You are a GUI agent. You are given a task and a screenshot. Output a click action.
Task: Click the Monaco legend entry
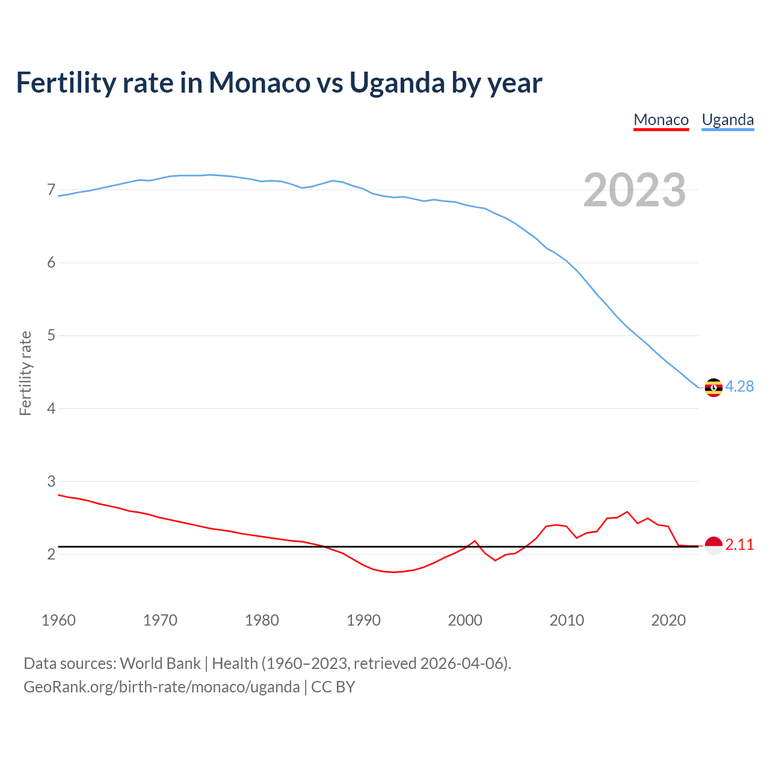click(661, 120)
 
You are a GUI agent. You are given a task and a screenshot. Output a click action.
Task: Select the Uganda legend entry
click(728, 120)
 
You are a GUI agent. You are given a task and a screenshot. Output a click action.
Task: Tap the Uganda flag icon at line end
click(713, 387)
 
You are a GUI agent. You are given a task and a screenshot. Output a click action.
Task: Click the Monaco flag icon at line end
click(713, 546)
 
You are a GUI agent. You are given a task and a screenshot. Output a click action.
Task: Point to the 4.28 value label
click(739, 387)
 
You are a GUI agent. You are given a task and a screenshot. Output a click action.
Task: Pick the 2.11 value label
click(739, 545)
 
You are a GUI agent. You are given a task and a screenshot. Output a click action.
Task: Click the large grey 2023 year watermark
click(635, 190)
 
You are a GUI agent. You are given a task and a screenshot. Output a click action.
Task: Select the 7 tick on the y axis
click(51, 190)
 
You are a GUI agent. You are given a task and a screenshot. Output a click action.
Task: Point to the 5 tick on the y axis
click(51, 336)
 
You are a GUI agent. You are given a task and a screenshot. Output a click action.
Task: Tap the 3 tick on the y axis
click(51, 481)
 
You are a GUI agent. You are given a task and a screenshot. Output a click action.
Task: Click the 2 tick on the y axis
click(51, 554)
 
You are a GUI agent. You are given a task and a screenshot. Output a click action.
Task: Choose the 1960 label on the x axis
click(58, 620)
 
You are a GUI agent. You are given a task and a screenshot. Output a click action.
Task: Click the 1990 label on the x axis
click(363, 620)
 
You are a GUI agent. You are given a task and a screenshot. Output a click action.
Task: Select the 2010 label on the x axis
click(567, 620)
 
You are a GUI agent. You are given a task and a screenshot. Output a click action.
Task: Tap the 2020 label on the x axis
click(668, 620)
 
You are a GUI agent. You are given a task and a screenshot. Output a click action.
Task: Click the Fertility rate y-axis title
click(25, 373)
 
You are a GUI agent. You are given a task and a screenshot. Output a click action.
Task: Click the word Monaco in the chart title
click(259, 83)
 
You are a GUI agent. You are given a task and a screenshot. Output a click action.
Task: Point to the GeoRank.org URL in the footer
click(161, 687)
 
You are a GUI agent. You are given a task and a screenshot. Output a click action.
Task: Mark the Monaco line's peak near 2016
click(627, 512)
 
